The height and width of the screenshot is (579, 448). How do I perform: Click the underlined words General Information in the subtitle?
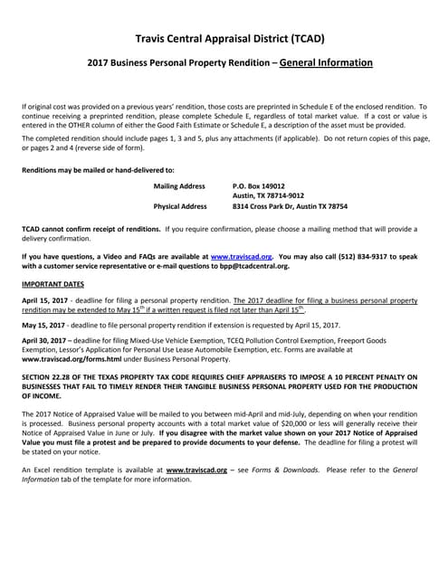tap(326, 63)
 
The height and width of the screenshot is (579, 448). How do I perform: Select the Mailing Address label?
tap(180, 185)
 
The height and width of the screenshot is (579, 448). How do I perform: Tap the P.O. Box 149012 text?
tap(258, 185)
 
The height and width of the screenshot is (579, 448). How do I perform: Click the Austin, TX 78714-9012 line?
tap(268, 195)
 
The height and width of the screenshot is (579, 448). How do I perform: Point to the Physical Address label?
tap(180, 206)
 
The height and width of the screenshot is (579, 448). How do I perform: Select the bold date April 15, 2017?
tap(43, 299)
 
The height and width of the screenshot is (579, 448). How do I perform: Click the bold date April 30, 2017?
tap(43, 340)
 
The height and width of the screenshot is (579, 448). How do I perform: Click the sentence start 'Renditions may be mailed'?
tap(63, 170)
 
